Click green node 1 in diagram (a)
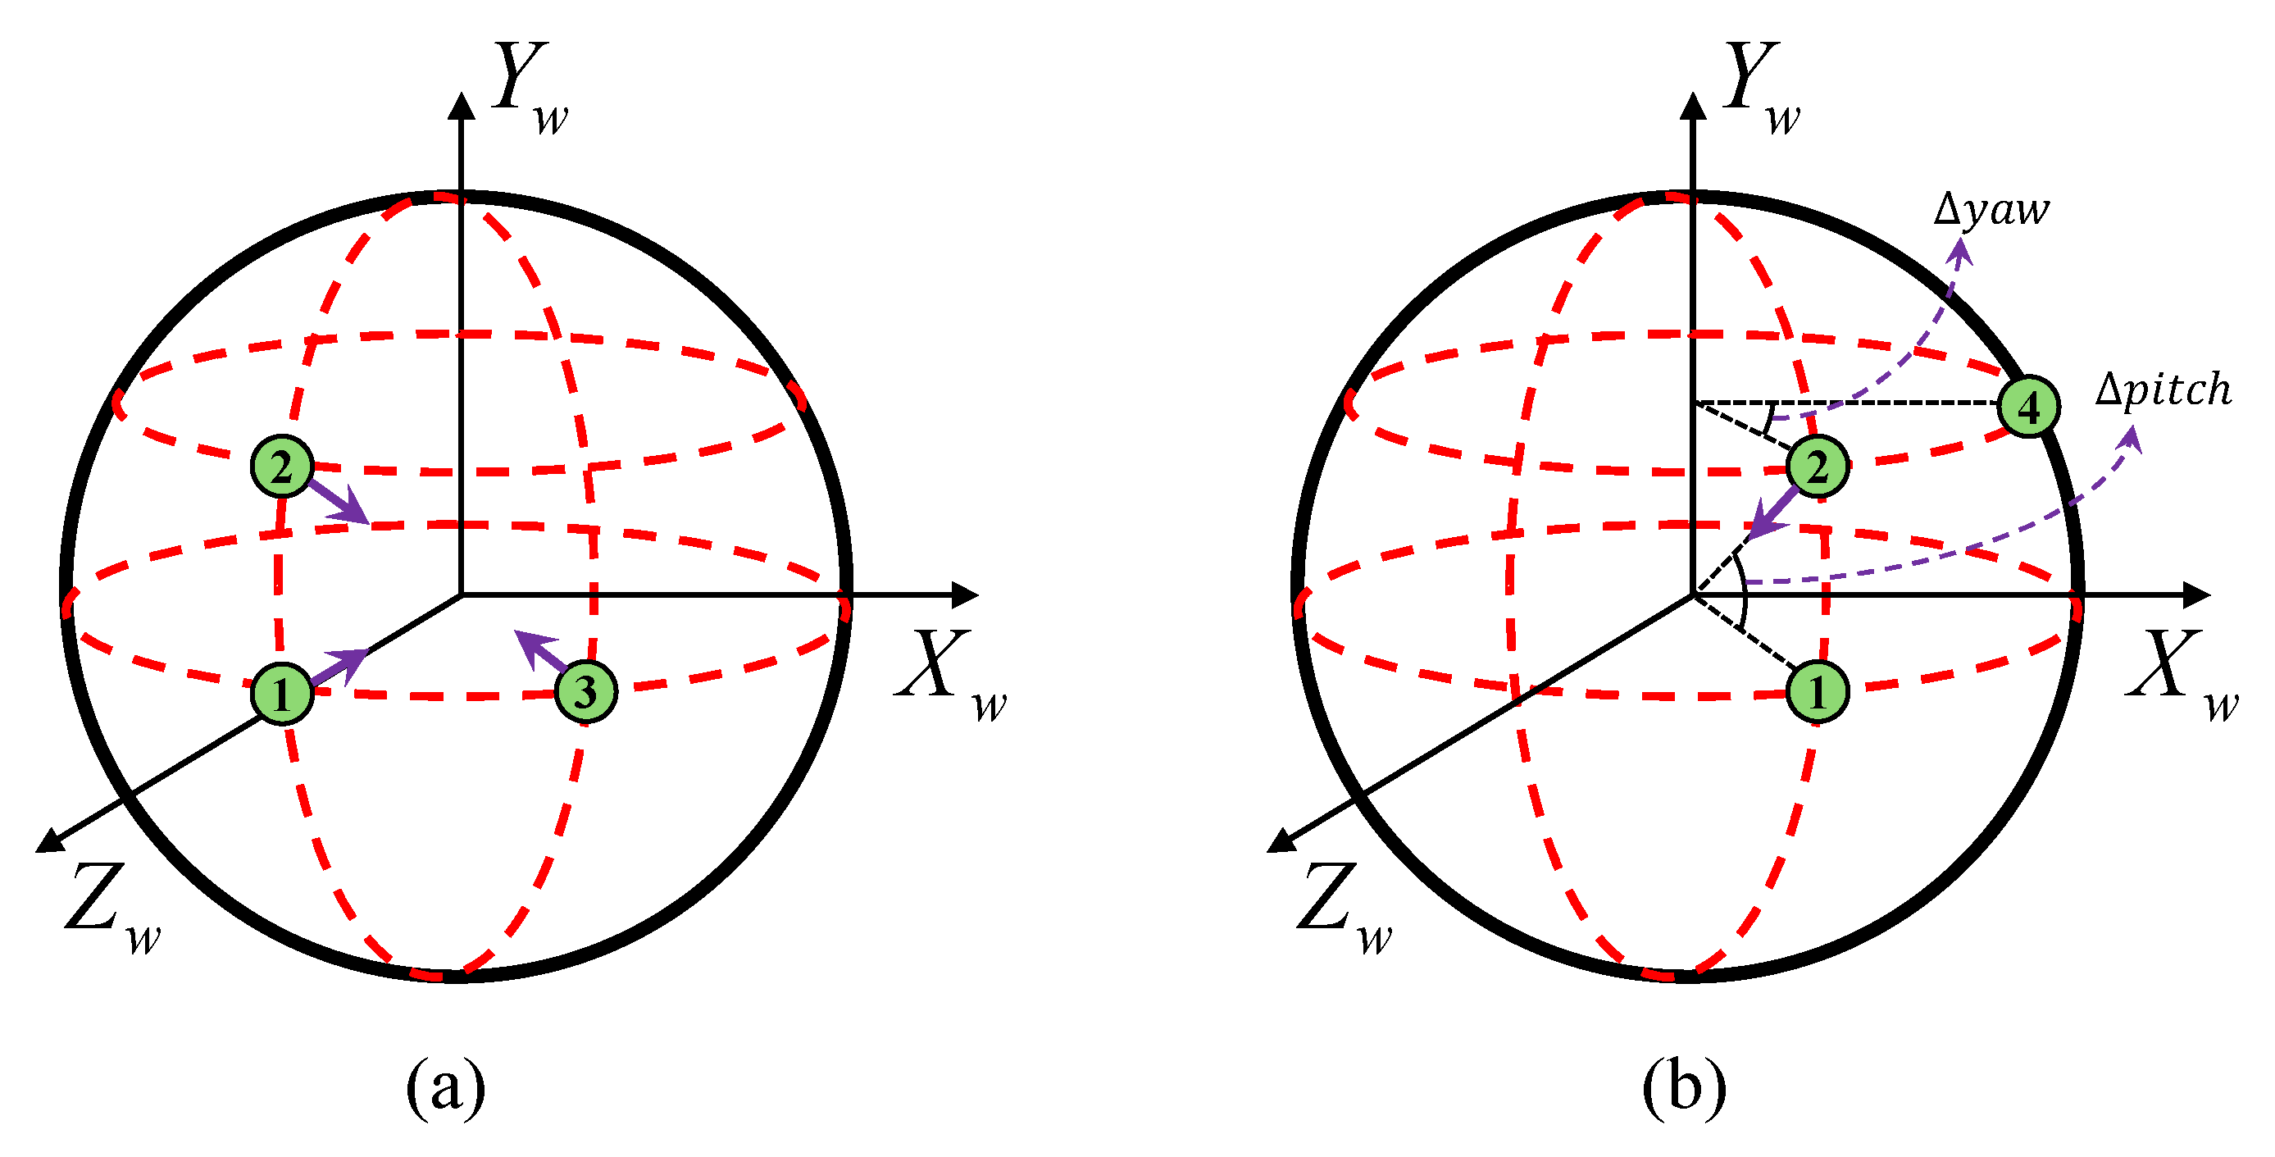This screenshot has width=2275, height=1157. point(282,694)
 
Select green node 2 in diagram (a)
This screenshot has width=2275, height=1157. point(282,467)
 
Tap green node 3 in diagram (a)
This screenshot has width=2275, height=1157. point(585,691)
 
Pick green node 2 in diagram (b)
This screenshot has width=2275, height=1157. point(1817,467)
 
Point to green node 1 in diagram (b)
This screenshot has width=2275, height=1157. point(1817,691)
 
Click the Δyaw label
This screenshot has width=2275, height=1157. point(1991,210)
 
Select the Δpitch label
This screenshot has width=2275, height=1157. point(2163,389)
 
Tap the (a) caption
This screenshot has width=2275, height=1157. point(445,1086)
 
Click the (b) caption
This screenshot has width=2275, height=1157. point(1683,1086)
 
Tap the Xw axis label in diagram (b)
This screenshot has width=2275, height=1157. point(2182,676)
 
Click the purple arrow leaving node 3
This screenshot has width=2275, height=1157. point(540,652)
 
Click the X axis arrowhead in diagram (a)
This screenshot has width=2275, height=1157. point(967,594)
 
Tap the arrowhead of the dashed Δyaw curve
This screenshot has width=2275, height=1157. point(1959,251)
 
